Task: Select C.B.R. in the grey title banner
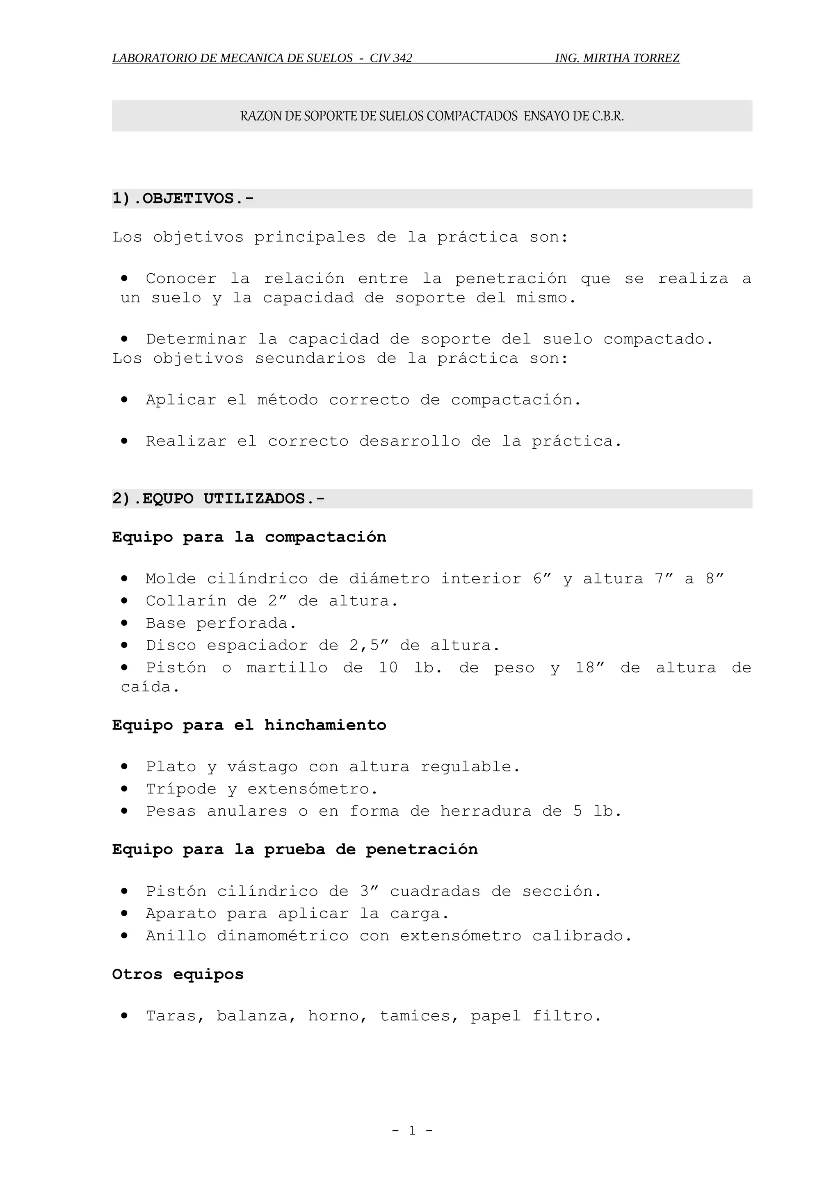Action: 607,116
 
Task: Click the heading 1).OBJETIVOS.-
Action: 183,198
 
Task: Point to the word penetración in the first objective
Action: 511,279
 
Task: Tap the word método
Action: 287,400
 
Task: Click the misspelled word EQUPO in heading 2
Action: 168,498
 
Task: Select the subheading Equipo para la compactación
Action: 249,537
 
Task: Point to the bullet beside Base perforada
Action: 124,623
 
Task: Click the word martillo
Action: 287,668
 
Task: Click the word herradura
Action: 486,811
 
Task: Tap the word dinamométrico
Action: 283,936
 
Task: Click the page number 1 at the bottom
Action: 412,1130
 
